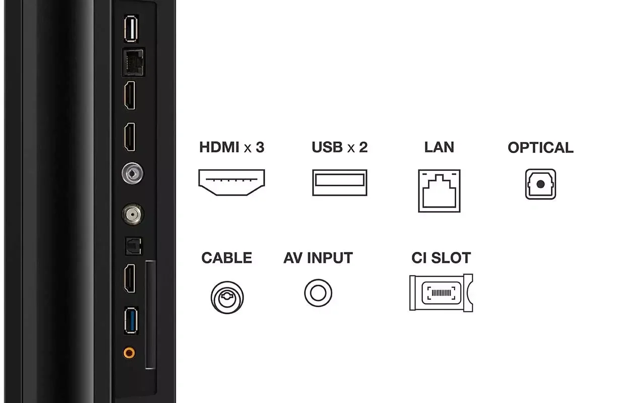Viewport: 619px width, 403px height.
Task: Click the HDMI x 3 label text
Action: coord(232,148)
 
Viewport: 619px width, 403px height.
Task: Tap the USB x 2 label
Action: coord(340,148)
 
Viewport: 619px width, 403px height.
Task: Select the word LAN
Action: coord(439,148)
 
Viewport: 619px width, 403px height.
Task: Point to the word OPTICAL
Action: coord(540,148)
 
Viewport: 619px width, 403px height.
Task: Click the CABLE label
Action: coord(226,258)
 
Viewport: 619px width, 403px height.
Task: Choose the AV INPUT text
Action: coord(318,258)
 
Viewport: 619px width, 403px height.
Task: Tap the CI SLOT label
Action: coord(441,258)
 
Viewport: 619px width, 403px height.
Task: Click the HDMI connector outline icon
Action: coord(232,182)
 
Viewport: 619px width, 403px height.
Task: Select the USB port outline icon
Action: coord(340,182)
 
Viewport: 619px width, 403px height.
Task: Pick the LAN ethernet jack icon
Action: coord(439,190)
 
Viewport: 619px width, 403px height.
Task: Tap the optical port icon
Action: coord(540,184)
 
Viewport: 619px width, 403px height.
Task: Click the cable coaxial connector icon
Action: coord(227,297)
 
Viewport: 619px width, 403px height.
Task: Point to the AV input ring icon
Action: coord(318,292)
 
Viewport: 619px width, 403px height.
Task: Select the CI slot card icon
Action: coord(441,293)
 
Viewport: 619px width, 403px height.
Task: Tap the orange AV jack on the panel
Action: coord(130,352)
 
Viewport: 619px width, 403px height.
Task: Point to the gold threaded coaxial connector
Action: coord(132,215)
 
